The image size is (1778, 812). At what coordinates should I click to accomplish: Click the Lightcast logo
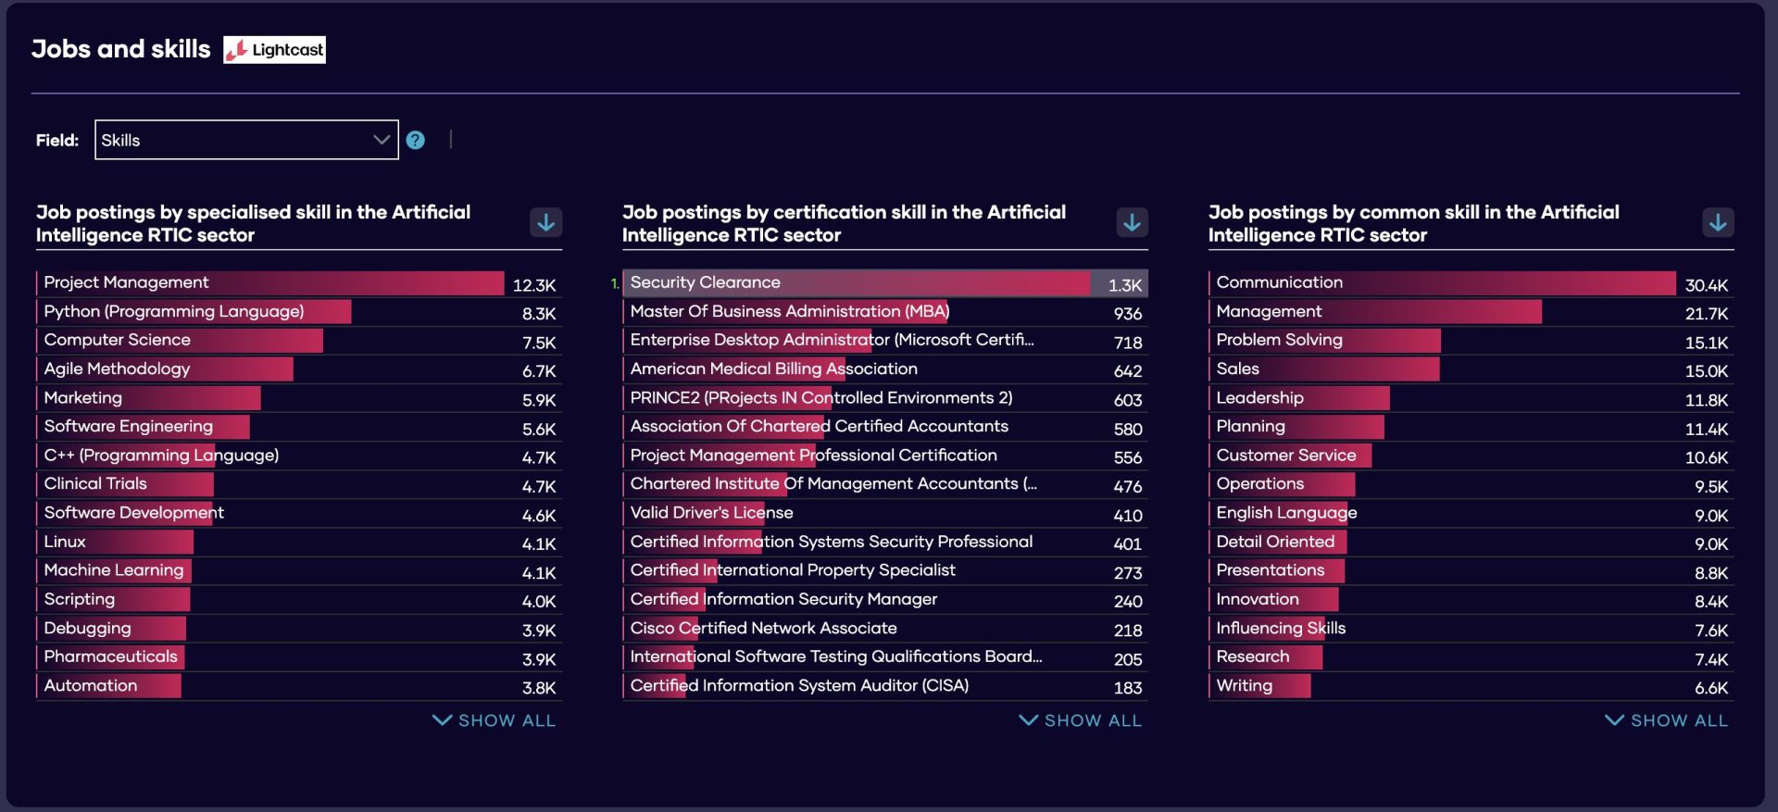pos(275,50)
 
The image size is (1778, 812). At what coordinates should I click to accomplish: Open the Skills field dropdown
pos(246,140)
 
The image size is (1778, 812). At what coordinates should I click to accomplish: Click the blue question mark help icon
pos(416,140)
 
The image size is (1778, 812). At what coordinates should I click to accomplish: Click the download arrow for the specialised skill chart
pos(546,222)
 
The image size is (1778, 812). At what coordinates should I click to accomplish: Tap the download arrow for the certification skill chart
pos(1132,222)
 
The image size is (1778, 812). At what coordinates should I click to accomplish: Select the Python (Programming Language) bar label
pos(174,312)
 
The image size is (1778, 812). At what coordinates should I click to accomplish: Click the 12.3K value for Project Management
pos(534,285)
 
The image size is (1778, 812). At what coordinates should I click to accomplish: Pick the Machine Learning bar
pos(114,570)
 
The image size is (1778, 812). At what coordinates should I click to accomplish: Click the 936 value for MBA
pos(1127,314)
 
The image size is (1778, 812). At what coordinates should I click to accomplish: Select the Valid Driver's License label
pos(711,513)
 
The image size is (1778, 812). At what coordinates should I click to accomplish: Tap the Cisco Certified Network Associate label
pos(763,629)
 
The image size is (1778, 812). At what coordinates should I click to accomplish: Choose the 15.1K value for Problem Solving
pos(1706,343)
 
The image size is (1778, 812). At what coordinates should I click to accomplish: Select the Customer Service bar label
pos(1285,456)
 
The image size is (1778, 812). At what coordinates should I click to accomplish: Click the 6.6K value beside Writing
pos(1710,688)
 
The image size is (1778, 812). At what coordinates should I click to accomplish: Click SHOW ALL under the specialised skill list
pos(495,720)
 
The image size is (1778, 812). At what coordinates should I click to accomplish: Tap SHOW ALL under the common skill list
pos(1667,720)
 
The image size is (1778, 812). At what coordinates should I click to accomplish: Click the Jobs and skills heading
pos(121,49)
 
